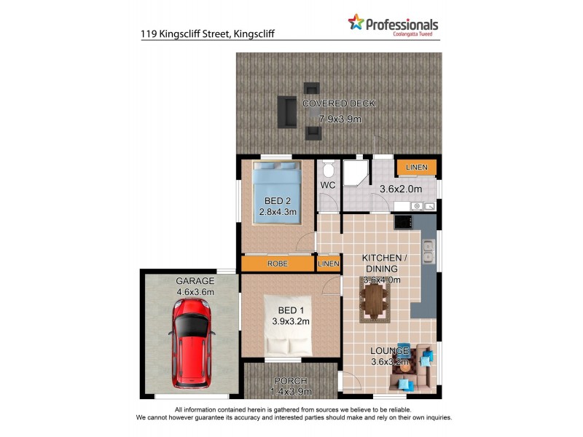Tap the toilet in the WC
tap(328, 171)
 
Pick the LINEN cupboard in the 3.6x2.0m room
tap(417, 168)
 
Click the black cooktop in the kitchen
tap(403, 221)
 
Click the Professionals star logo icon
tap(356, 23)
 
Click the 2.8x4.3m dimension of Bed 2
tap(277, 213)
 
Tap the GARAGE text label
tap(195, 280)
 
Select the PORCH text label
tap(291, 381)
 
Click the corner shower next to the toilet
tap(357, 171)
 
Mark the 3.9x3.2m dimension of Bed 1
tap(291, 320)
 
